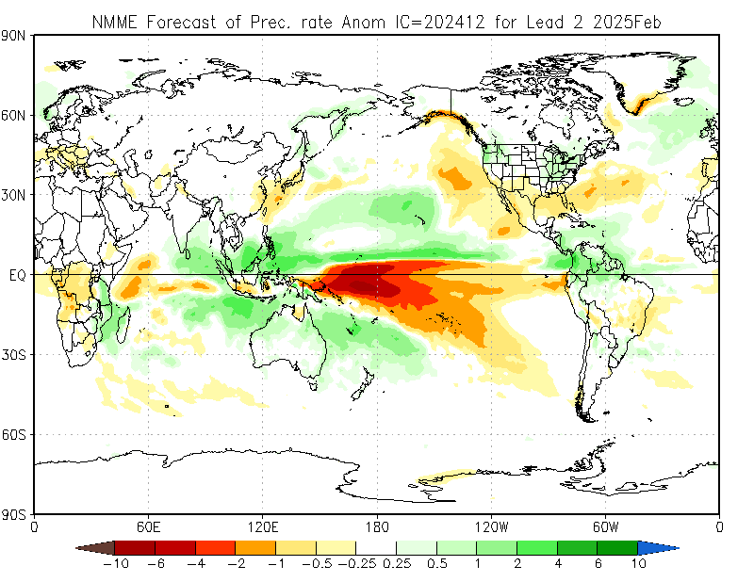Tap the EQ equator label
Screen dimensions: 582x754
click(x=16, y=275)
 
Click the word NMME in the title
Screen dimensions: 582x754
click(x=115, y=21)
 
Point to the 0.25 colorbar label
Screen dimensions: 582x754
click(x=398, y=564)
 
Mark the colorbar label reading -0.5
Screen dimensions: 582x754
click(x=315, y=564)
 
